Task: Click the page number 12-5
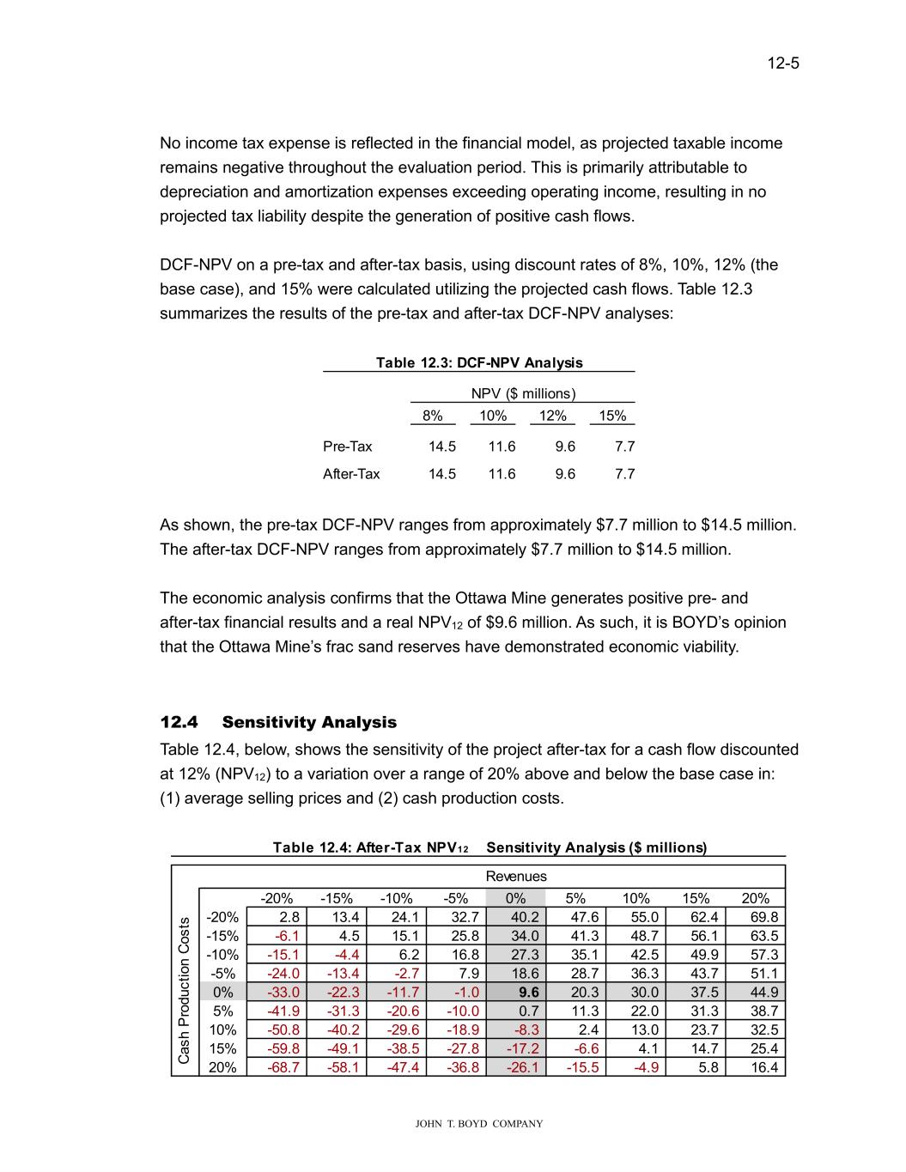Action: click(783, 64)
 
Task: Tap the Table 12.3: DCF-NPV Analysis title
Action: click(479, 362)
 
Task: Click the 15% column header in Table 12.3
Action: click(612, 416)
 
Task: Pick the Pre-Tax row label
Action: click(348, 446)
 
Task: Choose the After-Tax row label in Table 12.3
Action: click(351, 474)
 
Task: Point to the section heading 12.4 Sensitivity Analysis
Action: click(278, 722)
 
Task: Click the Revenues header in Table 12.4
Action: click(516, 877)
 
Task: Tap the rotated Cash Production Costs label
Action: click(185, 992)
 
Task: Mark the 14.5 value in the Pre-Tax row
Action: click(441, 446)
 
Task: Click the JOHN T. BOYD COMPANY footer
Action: click(479, 1124)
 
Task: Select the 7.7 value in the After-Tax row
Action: click(623, 474)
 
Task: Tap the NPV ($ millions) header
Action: click(523, 394)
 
